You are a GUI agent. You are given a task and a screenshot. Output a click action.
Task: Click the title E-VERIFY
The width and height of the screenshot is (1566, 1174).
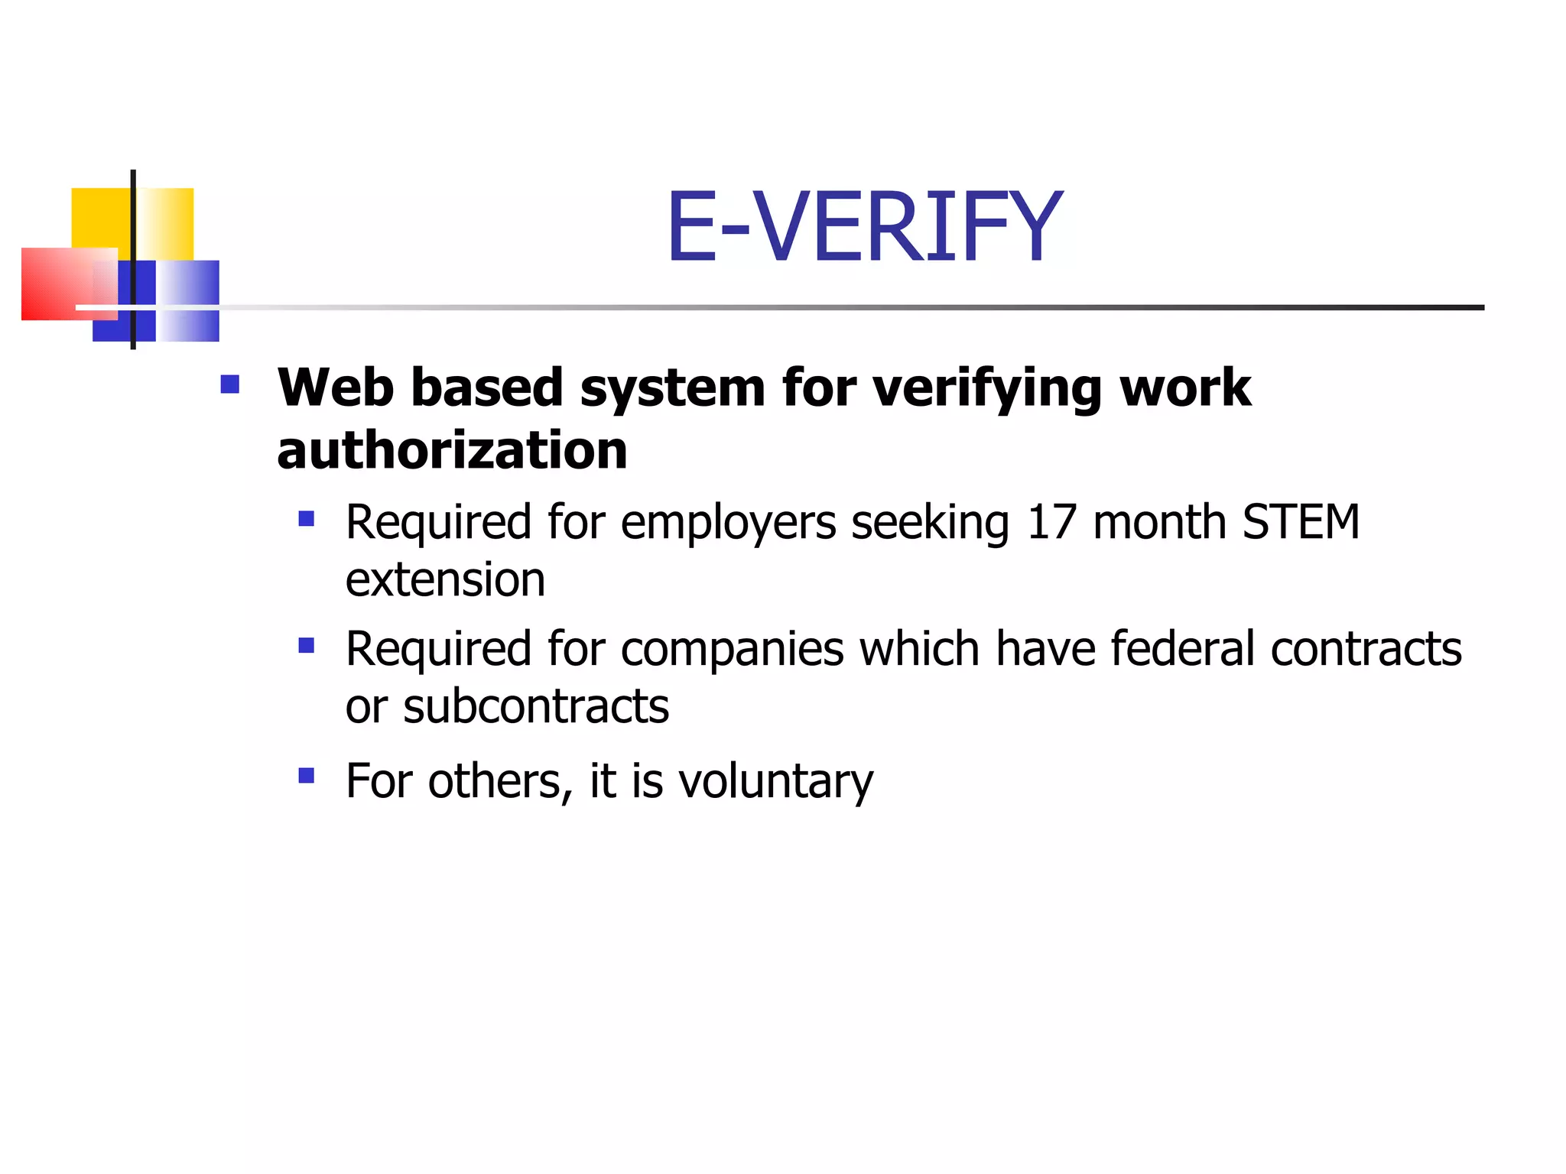[x=864, y=227]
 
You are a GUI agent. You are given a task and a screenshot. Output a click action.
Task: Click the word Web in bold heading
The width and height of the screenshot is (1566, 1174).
[x=336, y=388]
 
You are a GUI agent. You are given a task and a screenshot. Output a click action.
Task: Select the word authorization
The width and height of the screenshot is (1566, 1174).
[x=452, y=450]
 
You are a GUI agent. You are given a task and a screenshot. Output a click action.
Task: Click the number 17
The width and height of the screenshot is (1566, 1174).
[x=1051, y=523]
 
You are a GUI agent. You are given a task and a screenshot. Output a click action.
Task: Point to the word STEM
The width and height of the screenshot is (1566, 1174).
[x=1301, y=523]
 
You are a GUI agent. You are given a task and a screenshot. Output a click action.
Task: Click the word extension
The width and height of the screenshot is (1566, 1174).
[x=445, y=580]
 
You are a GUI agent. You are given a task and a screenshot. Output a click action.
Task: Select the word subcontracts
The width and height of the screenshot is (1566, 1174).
[x=536, y=707]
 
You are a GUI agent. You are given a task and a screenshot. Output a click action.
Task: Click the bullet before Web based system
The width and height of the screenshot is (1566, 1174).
[x=229, y=384]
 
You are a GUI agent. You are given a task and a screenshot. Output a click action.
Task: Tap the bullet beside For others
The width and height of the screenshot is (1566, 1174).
[x=307, y=777]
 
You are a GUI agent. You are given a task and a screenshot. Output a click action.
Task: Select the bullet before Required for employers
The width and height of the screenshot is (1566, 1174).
[x=307, y=520]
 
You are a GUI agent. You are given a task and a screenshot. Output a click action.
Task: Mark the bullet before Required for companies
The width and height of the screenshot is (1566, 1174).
[x=307, y=647]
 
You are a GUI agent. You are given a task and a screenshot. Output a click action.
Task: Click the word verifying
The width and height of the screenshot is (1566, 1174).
[x=987, y=389]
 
